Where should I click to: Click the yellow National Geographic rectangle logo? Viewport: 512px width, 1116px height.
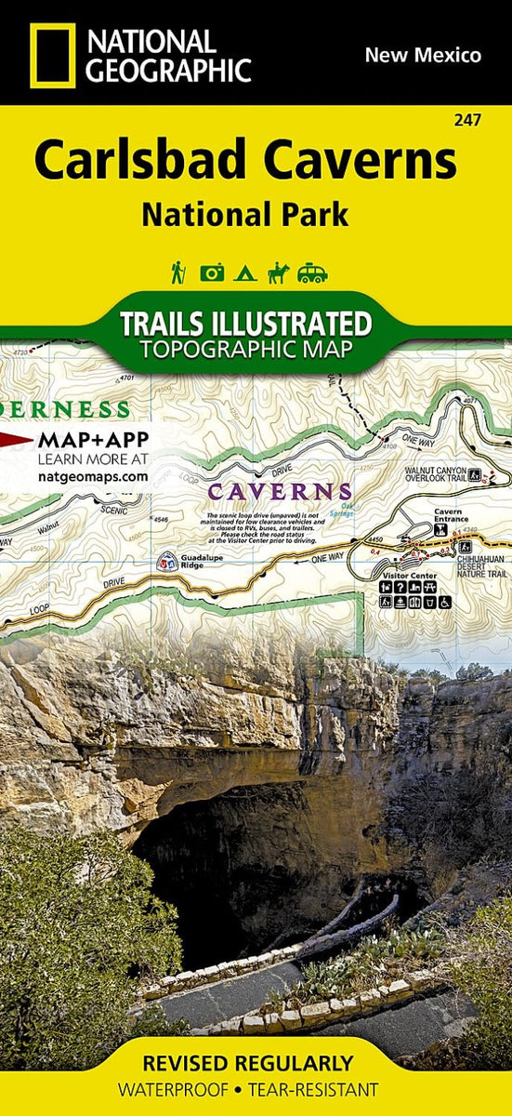click(52, 56)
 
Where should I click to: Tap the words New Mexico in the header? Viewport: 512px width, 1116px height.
click(423, 55)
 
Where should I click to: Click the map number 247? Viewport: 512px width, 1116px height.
click(469, 120)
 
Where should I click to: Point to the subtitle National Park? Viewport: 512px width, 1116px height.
click(245, 214)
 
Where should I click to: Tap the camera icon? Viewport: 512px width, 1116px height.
click(212, 272)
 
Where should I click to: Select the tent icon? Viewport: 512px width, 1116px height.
click(244, 273)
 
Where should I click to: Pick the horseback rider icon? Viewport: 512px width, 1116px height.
click(278, 272)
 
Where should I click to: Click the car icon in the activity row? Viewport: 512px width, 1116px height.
click(312, 272)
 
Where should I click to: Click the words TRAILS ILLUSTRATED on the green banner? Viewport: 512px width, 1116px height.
click(245, 324)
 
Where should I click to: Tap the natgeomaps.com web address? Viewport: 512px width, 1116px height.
click(93, 476)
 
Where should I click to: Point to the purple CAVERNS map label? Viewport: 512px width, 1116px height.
click(280, 490)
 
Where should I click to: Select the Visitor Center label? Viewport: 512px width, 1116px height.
click(402, 576)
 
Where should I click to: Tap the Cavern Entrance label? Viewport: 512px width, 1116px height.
click(448, 517)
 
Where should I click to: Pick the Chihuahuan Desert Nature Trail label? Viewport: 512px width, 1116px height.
click(480, 565)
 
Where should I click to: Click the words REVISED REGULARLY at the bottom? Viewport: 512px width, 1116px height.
click(247, 1063)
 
